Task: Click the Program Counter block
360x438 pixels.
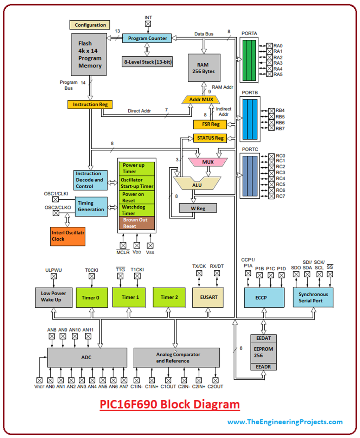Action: tap(147, 38)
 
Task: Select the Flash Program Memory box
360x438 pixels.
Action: tap(89, 54)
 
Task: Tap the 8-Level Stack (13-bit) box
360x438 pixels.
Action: tap(147, 62)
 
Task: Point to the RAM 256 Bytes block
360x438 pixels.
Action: tap(204, 68)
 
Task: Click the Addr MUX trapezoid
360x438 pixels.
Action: tap(201, 99)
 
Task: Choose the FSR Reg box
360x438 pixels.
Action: tap(210, 124)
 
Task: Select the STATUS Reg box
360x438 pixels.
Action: tap(210, 138)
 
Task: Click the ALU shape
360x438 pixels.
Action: tap(197, 184)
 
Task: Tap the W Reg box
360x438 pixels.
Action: tap(198, 208)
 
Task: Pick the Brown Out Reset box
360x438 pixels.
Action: tap(137, 223)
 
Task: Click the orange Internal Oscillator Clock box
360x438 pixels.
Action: tap(68, 236)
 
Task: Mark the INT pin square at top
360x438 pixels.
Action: tap(148, 24)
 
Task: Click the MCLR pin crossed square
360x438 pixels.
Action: tap(123, 245)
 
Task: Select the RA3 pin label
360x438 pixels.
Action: tap(278, 63)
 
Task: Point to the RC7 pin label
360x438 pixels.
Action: tap(280, 196)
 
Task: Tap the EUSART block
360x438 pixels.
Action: tap(209, 297)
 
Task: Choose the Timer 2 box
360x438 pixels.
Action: tap(169, 297)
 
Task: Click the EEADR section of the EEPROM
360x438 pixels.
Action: tap(264, 367)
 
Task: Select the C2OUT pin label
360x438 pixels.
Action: tap(215, 387)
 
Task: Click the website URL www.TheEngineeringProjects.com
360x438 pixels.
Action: tap(285, 422)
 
